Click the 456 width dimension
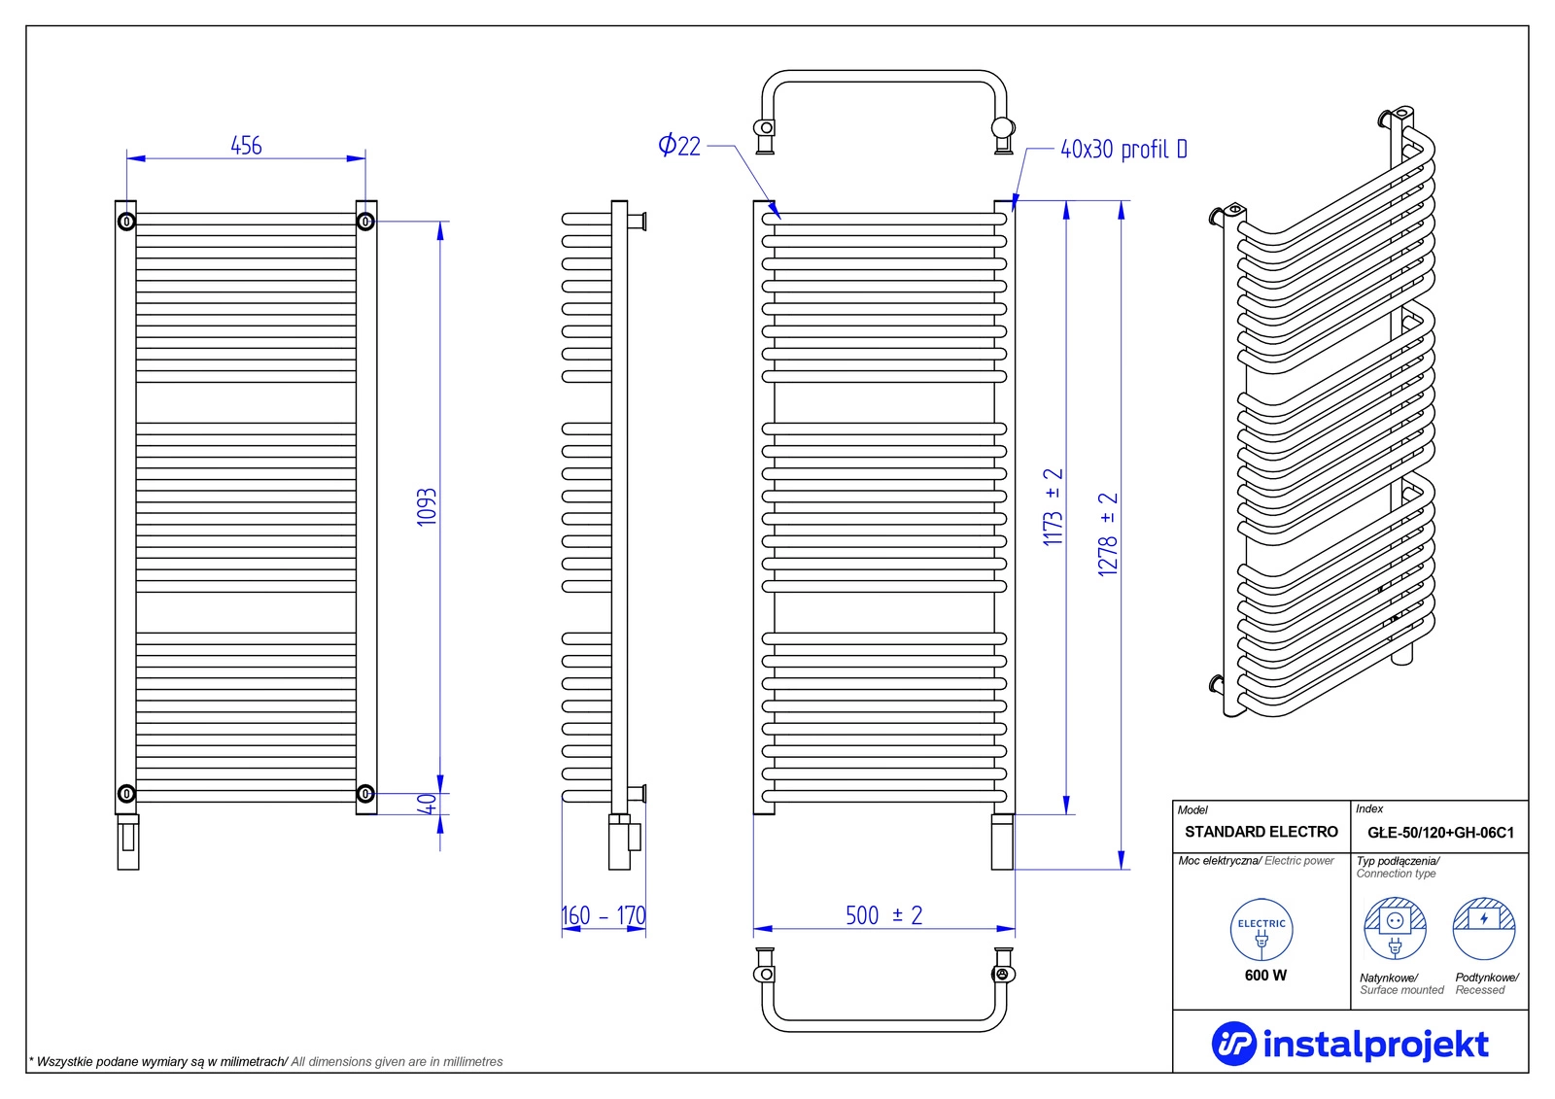coord(246,146)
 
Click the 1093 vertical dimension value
coord(427,507)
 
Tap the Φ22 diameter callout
coord(679,146)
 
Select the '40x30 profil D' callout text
coord(1123,150)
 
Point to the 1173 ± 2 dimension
coord(1053,507)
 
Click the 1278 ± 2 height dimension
coord(1108,534)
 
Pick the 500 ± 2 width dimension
coord(883,915)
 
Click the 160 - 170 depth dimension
coord(604,915)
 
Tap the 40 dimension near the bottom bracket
coord(428,804)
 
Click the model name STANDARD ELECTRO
coord(1261,832)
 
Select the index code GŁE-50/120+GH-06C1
coord(1440,833)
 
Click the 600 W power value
coord(1265,975)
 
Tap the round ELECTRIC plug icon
coord(1261,930)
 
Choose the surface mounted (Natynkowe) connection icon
coord(1395,929)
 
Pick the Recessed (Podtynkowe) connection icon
coord(1484,929)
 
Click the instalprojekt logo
coord(1350,1044)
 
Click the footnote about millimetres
coord(266,1061)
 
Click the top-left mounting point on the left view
coord(126,222)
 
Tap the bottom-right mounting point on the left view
coord(365,794)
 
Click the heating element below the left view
coord(128,841)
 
